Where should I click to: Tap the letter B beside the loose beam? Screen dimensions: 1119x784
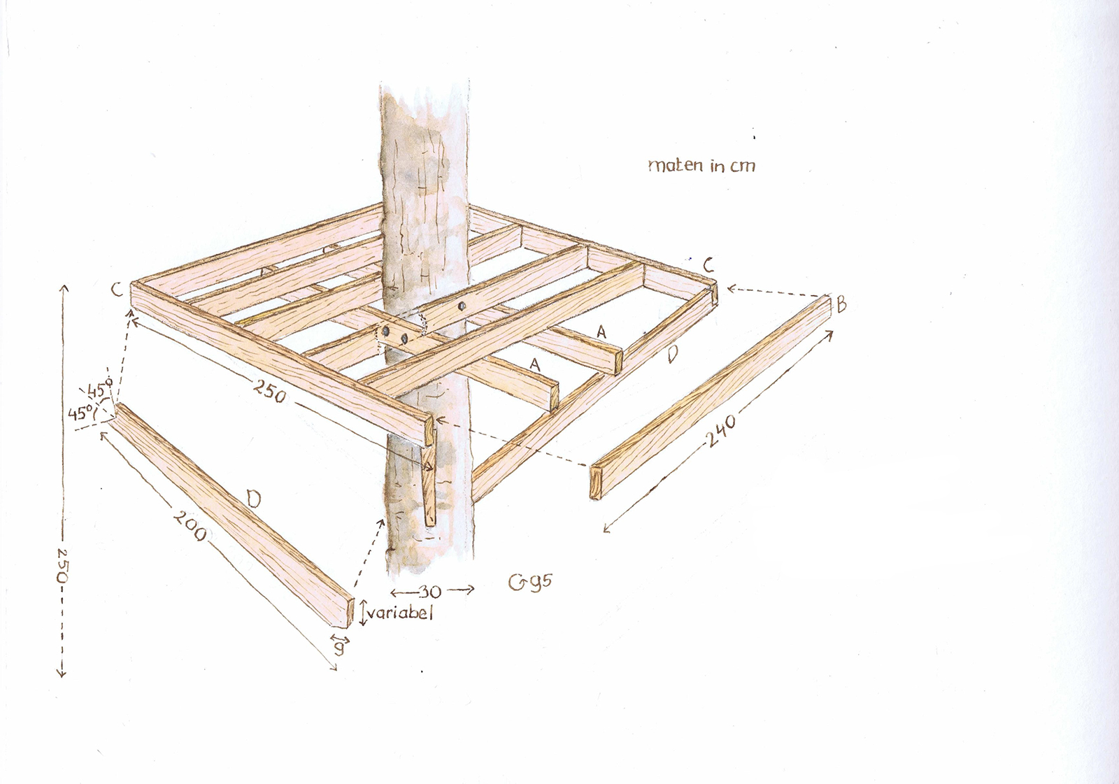(841, 304)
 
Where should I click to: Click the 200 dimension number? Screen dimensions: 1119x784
(190, 525)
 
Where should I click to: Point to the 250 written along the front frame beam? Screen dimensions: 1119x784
(270, 391)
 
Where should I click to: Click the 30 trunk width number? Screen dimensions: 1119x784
(429, 592)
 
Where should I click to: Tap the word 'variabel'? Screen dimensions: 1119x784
(399, 613)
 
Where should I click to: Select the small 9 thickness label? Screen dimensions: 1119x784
(339, 648)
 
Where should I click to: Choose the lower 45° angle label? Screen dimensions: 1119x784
(81, 413)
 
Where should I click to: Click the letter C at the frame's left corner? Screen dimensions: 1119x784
(117, 290)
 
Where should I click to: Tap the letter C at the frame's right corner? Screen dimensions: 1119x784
(708, 265)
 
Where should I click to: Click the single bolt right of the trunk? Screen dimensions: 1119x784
(461, 306)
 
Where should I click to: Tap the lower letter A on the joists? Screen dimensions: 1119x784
(535, 364)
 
